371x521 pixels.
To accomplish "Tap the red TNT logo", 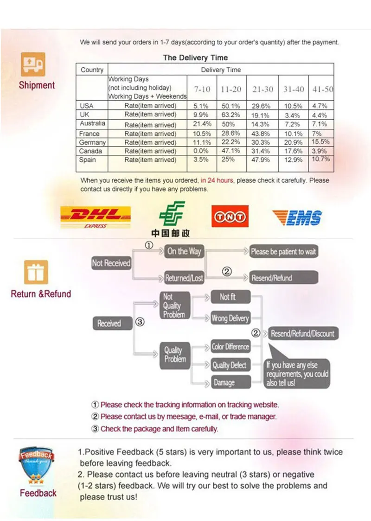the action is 230,216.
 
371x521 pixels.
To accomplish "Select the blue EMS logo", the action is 296,217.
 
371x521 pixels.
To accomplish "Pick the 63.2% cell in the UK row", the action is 230,115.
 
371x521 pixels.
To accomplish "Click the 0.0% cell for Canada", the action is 202,151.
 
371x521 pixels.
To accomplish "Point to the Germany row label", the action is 92,142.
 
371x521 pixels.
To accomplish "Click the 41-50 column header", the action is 323,89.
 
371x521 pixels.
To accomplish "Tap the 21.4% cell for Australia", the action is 202,124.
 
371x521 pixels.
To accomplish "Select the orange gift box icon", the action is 36,272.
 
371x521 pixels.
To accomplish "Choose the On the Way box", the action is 184,252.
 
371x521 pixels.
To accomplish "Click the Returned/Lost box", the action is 184,278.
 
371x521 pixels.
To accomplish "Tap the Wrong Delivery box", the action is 230,318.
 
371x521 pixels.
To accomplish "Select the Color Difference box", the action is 230,347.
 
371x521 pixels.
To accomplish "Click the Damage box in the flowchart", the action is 224,383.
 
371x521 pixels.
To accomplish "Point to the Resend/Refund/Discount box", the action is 302,334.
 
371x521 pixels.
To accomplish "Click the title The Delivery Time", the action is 195,58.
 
